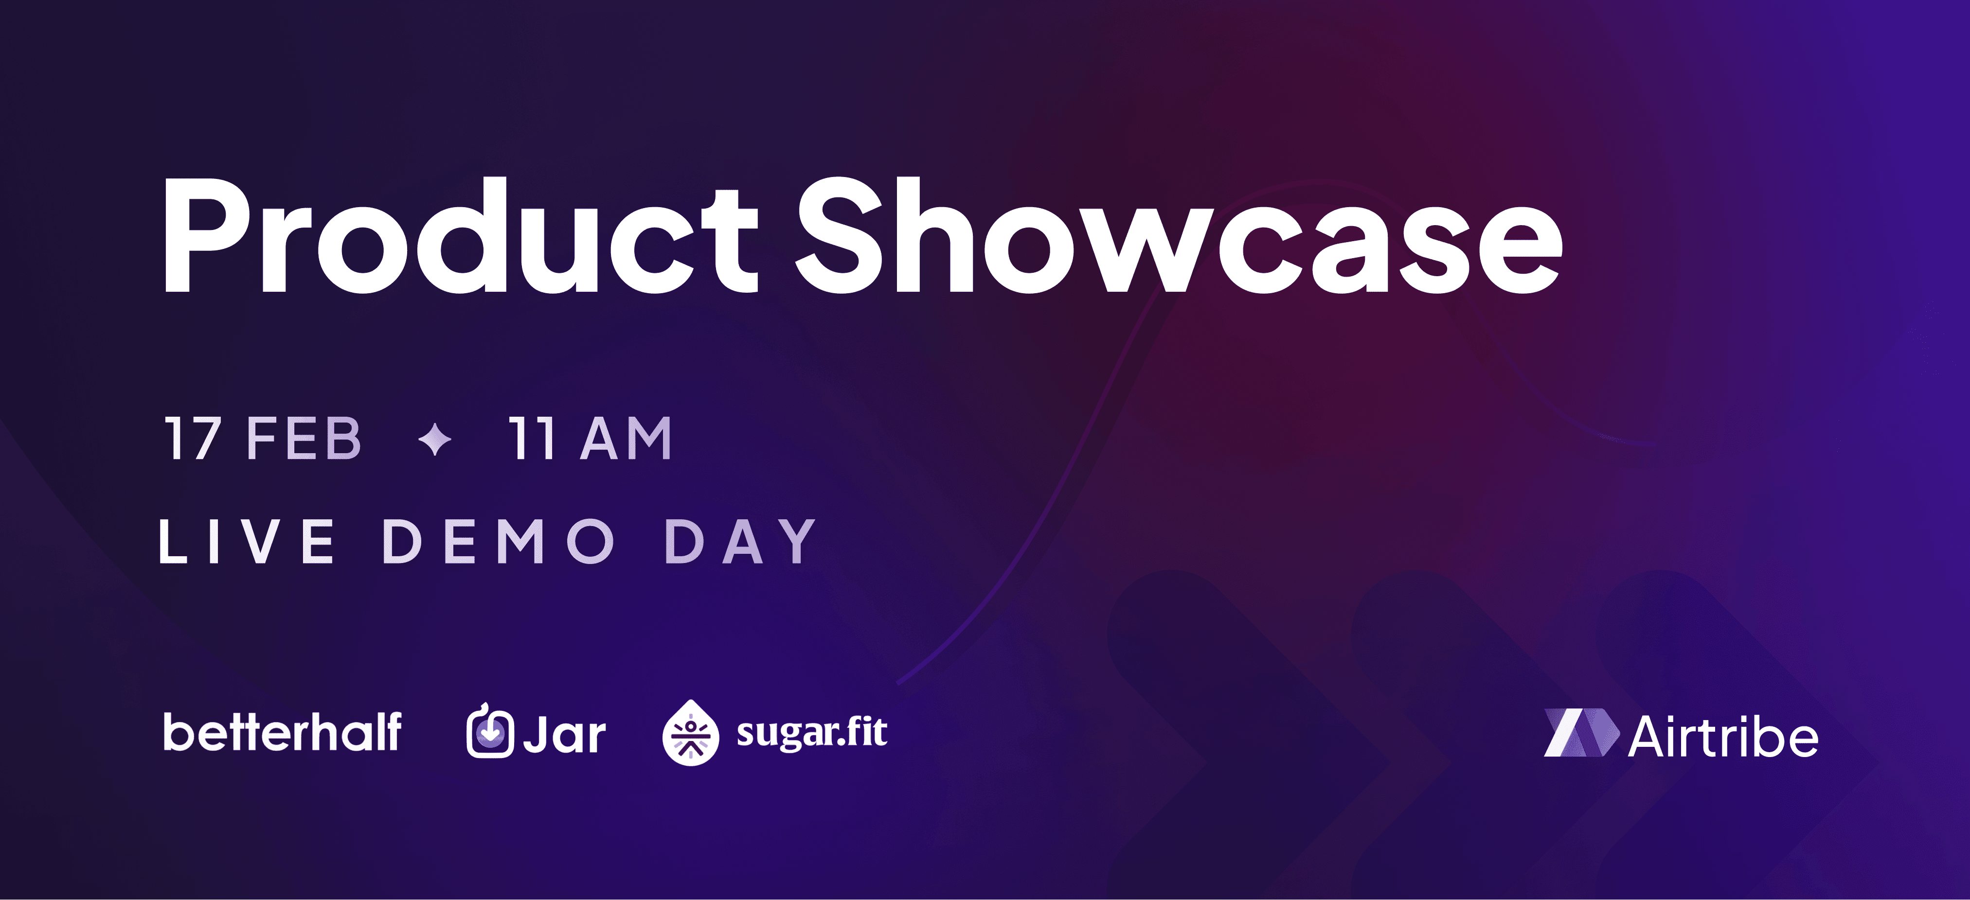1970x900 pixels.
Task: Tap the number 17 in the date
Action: point(193,439)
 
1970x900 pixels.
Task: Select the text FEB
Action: point(304,439)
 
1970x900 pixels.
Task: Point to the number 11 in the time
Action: point(532,439)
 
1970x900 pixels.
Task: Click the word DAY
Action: point(740,541)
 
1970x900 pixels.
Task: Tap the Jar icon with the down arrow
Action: point(489,732)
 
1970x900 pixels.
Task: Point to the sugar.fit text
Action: point(811,732)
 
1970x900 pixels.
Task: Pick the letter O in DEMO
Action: point(591,541)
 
